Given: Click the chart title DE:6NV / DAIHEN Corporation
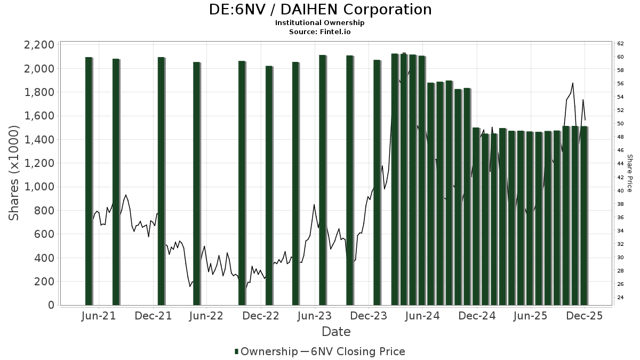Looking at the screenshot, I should coord(320,10).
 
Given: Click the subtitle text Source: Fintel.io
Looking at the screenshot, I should coord(320,31).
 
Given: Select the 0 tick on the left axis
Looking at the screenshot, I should coord(51,305).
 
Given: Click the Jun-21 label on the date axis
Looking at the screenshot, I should coord(99,316).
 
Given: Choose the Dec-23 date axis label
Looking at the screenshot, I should coord(369,316).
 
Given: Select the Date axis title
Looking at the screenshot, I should coord(336,332).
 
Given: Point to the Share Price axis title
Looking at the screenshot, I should coord(629,173).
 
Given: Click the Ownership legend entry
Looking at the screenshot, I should coord(266,351).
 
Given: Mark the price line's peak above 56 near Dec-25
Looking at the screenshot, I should coord(573,83).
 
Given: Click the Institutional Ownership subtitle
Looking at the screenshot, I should coord(320,23).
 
